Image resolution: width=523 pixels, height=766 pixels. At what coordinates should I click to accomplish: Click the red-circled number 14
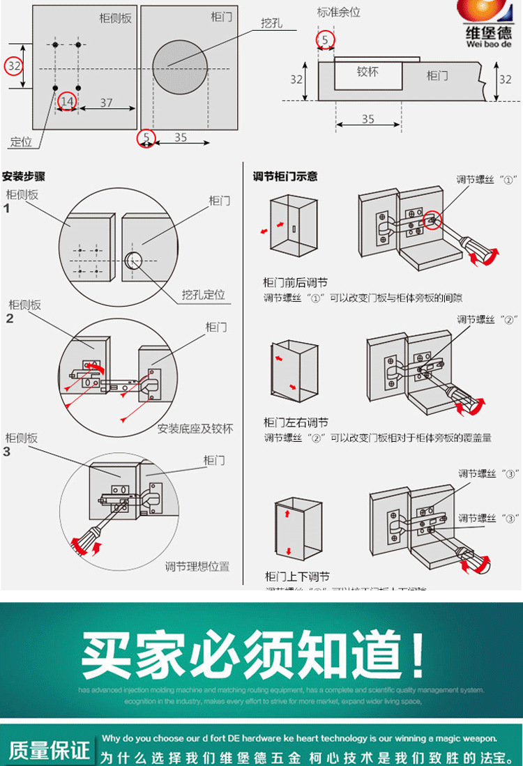(67, 102)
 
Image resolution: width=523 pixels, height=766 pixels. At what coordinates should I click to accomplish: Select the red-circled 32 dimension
(14, 66)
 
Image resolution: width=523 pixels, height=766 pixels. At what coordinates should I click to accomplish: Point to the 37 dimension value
(106, 102)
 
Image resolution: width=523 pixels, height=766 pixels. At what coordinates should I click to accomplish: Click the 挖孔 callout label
(271, 23)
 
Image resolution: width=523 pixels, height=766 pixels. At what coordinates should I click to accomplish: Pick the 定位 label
(21, 142)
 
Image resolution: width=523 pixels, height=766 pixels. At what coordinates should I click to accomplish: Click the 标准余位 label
(338, 13)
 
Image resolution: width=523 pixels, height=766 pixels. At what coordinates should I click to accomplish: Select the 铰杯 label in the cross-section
(367, 71)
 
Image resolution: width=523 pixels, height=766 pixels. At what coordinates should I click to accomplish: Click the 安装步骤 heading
(24, 176)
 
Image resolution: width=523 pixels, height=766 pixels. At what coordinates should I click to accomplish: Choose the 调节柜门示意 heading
(285, 176)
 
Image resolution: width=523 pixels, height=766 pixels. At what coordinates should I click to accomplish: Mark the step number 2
(9, 319)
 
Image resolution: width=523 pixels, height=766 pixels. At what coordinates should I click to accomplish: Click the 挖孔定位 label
(204, 295)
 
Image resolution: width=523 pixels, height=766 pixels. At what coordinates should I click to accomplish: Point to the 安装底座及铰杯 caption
(195, 428)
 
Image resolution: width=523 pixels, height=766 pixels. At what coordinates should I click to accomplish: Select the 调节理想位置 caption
(197, 566)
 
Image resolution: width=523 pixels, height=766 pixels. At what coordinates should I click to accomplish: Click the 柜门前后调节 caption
(295, 282)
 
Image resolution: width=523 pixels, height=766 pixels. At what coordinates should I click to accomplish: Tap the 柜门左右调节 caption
(296, 422)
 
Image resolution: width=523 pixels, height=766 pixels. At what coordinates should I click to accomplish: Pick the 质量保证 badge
(49, 749)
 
